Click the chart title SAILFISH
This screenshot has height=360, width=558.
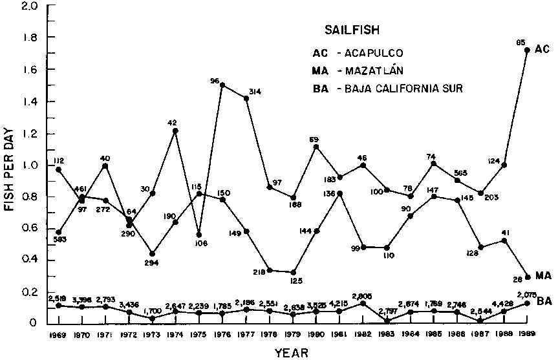[x=349, y=30]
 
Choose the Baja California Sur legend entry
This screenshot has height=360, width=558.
[x=384, y=88]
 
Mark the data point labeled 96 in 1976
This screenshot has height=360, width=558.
[x=222, y=85]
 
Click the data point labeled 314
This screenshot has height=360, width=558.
[x=246, y=98]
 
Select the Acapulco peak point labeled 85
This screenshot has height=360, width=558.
[x=527, y=50]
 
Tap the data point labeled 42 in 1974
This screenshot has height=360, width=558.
[x=175, y=131]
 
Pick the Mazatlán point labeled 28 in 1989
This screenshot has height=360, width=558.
[x=527, y=277]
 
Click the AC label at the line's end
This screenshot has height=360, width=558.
[x=542, y=49]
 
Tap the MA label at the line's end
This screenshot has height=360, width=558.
[x=543, y=276]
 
